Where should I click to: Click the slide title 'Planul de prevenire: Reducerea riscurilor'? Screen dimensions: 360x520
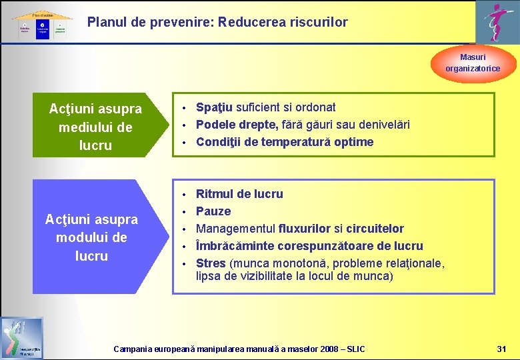[x=217, y=22]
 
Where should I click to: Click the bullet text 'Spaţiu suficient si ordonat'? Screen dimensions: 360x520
[x=265, y=107]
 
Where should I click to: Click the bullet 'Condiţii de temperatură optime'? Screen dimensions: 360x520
[x=285, y=142]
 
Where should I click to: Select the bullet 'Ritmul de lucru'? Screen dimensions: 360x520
[x=239, y=194]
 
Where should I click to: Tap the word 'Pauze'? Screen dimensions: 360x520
[x=213, y=211]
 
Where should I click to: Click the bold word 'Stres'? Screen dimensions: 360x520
[x=211, y=263]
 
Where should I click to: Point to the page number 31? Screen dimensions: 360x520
[x=502, y=349]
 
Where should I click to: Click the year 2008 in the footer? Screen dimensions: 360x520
[x=328, y=349]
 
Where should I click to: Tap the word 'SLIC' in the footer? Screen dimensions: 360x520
[x=356, y=349]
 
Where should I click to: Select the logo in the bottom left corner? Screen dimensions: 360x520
[x=22, y=337]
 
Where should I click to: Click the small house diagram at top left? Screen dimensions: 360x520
[x=41, y=25]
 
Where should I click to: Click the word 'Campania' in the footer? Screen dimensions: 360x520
[x=133, y=349]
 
